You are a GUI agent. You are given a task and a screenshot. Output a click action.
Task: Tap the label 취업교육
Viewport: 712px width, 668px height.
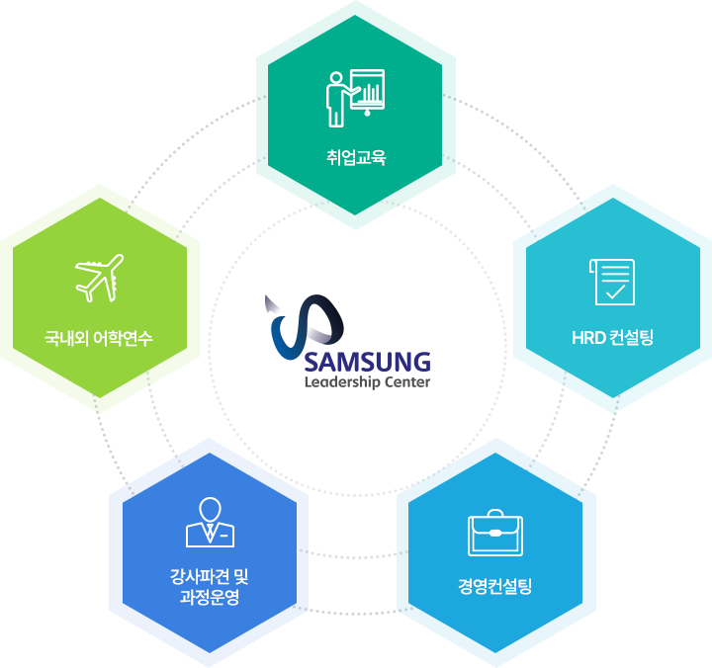click(x=355, y=156)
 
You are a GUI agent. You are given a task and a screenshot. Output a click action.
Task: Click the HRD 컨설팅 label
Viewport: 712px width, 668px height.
click(x=612, y=338)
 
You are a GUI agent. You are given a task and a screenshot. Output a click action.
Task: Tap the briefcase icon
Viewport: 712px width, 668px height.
click(x=494, y=533)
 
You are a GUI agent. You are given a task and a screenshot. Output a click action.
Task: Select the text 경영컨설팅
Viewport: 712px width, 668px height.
click(x=494, y=586)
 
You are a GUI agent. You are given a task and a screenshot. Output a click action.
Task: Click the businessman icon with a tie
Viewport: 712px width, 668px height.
click(x=210, y=522)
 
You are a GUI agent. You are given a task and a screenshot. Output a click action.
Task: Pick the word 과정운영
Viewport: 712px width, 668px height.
click(x=210, y=598)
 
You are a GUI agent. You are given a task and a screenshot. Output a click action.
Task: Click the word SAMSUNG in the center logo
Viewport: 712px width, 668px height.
click(x=368, y=361)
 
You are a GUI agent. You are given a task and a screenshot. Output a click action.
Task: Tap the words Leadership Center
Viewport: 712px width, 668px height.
click(x=368, y=382)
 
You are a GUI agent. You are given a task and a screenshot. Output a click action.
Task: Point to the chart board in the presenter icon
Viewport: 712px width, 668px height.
click(x=369, y=91)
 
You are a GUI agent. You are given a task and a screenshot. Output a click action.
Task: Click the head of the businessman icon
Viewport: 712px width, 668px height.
click(x=210, y=509)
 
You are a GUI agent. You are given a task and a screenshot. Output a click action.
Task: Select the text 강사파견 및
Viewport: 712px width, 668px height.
click(x=210, y=577)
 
